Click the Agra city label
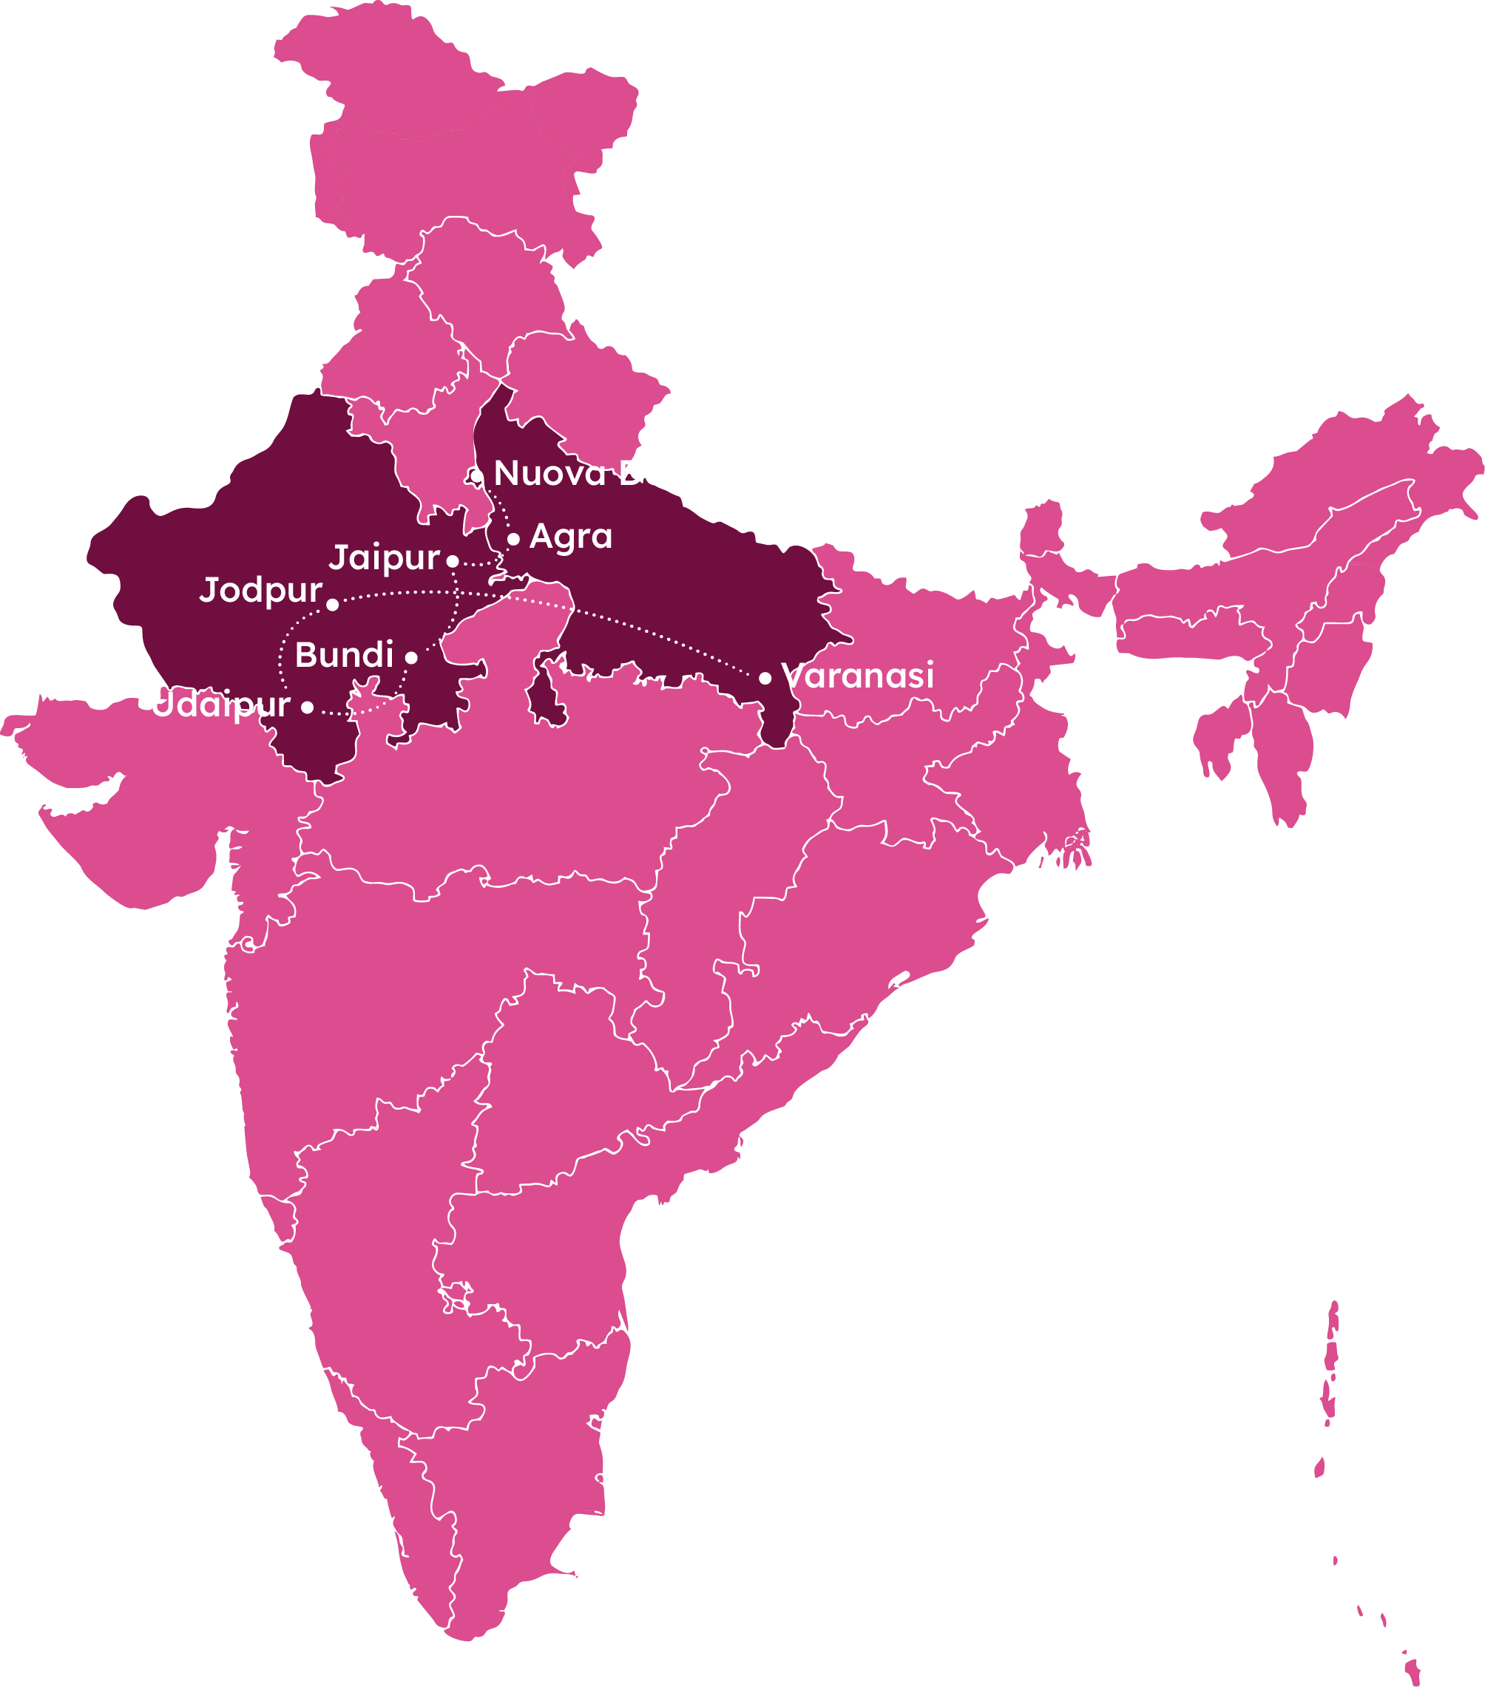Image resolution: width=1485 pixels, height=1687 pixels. click(570, 537)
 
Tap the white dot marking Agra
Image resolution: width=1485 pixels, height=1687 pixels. click(513, 539)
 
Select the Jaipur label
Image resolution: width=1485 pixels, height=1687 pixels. click(384, 558)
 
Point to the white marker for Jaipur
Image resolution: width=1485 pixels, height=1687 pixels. click(453, 561)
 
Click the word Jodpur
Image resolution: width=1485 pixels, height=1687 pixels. click(261, 591)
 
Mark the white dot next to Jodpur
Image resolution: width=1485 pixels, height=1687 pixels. click(333, 604)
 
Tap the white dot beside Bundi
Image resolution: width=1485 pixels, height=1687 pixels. click(411, 658)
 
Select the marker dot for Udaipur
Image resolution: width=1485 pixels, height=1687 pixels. click(307, 707)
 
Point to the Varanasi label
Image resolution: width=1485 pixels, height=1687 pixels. click(859, 675)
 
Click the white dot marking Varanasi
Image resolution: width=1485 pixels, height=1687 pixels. click(765, 678)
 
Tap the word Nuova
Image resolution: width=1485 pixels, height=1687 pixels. click(549, 474)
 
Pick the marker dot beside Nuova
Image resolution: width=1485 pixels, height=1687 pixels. click(476, 476)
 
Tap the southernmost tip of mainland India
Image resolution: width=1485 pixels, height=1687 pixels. click(467, 1639)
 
